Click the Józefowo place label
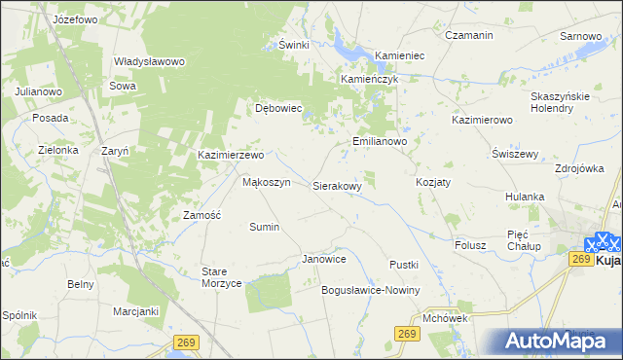pos(81,18)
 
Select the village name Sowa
pos(123,86)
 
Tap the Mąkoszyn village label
pos(266,182)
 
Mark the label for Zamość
pos(202,214)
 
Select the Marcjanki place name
pos(135,311)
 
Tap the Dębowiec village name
pos(279,108)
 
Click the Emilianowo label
pos(379,141)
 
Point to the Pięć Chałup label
pos(524,240)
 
